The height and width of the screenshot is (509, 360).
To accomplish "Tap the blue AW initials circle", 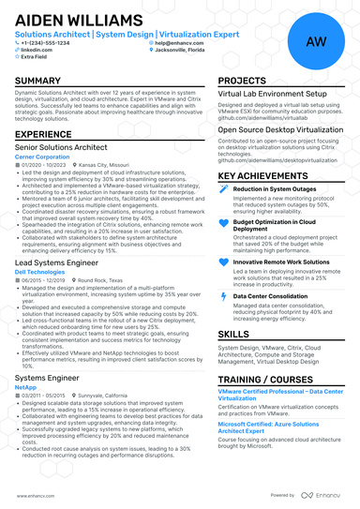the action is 316,42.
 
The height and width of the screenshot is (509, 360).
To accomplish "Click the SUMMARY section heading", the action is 38,82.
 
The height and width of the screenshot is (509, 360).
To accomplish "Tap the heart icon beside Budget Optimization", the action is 222,224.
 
